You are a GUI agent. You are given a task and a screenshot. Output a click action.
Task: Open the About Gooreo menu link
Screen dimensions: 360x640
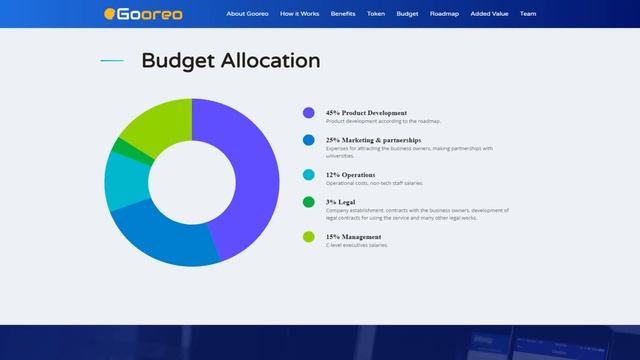(x=247, y=14)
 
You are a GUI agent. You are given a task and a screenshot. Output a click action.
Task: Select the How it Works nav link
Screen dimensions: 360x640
(x=301, y=14)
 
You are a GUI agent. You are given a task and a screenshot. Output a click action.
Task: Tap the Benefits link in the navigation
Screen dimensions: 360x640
(x=343, y=14)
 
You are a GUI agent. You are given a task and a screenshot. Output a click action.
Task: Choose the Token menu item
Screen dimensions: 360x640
(x=376, y=14)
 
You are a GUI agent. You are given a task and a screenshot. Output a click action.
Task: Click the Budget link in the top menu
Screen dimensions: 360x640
(x=407, y=14)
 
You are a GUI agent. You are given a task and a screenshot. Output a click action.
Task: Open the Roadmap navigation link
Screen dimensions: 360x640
(x=444, y=14)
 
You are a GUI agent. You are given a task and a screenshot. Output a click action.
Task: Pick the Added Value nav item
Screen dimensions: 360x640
(x=489, y=14)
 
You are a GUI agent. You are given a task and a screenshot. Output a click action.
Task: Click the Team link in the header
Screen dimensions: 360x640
(x=528, y=14)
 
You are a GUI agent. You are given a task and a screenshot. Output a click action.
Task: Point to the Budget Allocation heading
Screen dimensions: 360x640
(x=230, y=61)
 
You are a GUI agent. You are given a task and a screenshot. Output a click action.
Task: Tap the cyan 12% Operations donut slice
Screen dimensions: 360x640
(x=125, y=181)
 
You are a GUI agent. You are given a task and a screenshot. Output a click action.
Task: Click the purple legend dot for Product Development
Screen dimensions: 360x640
(x=308, y=114)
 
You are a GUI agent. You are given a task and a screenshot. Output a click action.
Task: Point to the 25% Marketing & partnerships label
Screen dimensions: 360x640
(x=373, y=140)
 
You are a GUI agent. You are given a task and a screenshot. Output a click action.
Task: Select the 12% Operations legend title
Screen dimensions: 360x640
(x=350, y=174)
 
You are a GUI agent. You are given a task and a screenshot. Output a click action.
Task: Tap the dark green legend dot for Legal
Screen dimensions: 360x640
(x=308, y=203)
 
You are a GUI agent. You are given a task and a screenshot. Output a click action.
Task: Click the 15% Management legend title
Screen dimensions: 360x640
(x=353, y=237)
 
